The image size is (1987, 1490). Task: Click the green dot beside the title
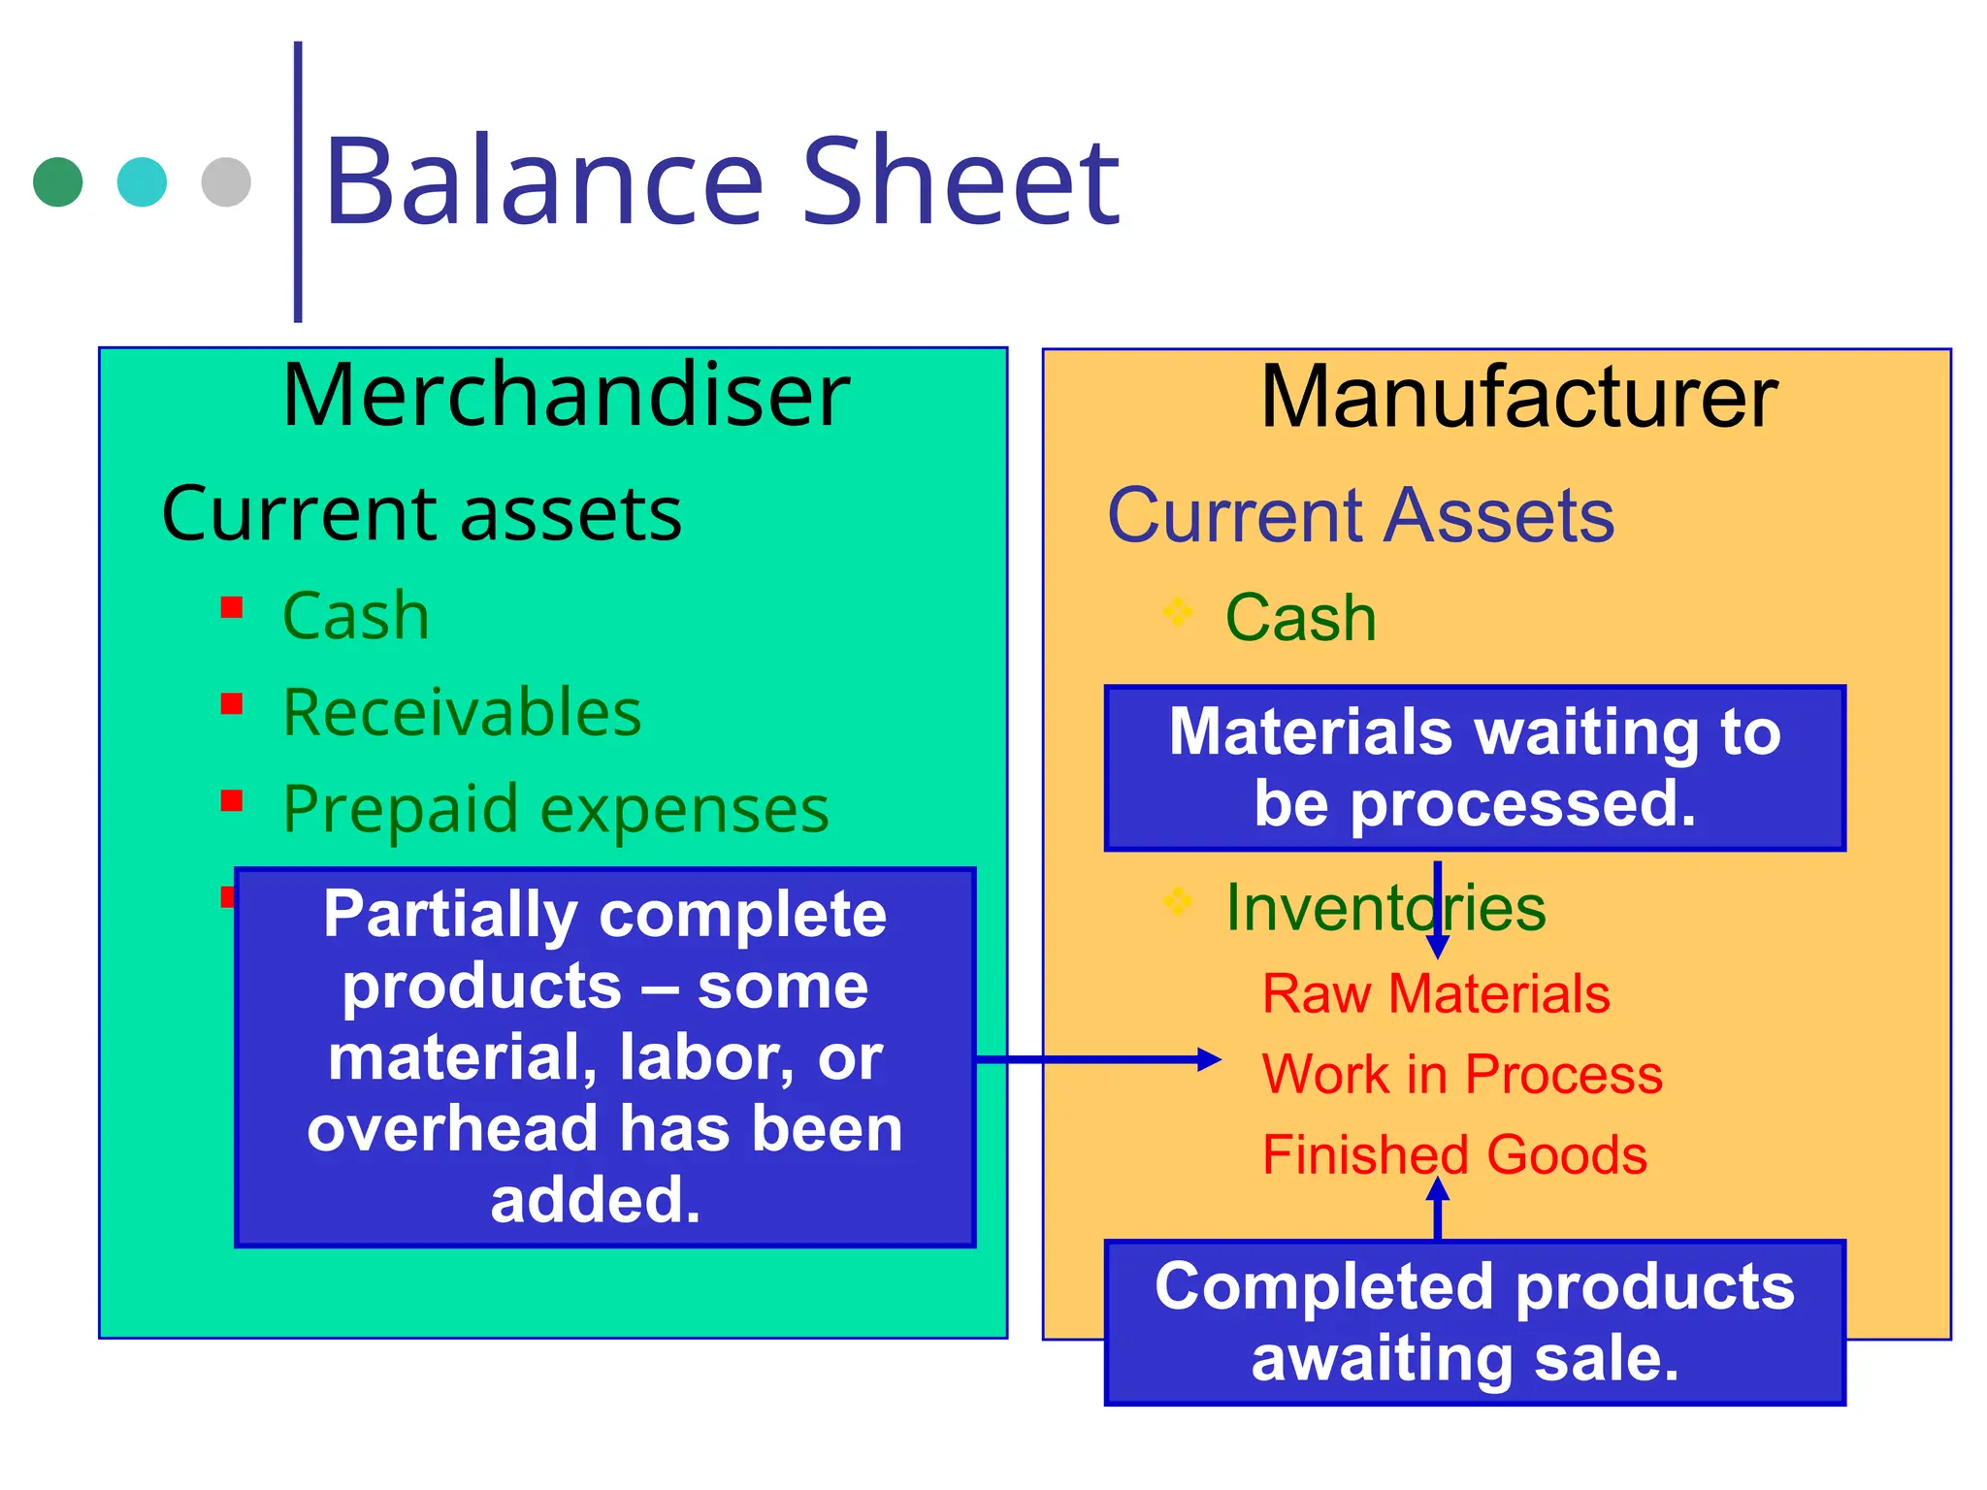point(57,181)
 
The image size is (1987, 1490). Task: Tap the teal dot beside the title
point(142,181)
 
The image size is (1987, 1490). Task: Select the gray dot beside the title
point(226,181)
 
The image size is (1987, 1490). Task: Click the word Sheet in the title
point(961,182)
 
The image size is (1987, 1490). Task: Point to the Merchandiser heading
point(566,395)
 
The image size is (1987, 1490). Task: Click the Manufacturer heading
point(1518,397)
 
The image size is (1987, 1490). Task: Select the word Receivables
point(462,712)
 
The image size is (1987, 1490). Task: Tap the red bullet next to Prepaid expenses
point(231,800)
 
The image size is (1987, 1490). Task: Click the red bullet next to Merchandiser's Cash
point(231,607)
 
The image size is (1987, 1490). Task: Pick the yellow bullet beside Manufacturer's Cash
point(1177,611)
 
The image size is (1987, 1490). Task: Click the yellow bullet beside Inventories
point(1177,901)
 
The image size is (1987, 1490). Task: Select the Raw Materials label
point(1436,994)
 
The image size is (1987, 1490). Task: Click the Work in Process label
point(1462,1075)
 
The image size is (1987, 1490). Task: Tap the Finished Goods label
point(1454,1155)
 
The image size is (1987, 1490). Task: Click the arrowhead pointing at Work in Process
point(1209,1059)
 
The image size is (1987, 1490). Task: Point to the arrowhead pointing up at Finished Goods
point(1437,1188)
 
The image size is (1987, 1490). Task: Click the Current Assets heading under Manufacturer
point(1360,515)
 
